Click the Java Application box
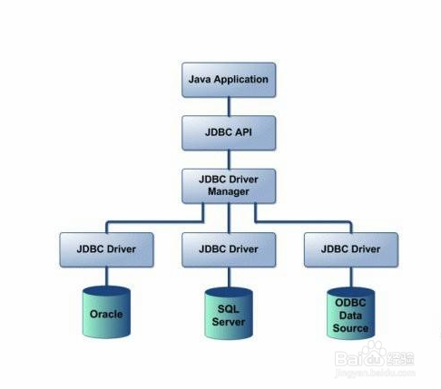click(x=229, y=80)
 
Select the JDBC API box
click(x=229, y=132)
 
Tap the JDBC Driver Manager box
click(x=229, y=186)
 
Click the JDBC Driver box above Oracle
click(x=106, y=249)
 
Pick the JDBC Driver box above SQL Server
click(x=229, y=249)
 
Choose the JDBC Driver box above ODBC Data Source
click(x=351, y=249)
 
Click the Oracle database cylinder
click(x=106, y=312)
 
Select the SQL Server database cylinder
click(x=229, y=313)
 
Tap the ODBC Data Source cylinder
click(x=351, y=313)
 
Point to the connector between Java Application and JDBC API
click(x=229, y=106)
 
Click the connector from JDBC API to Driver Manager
click(x=229, y=160)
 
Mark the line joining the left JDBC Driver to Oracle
click(x=106, y=277)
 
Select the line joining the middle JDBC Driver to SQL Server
click(x=229, y=277)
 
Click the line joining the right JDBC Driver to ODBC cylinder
click(x=351, y=277)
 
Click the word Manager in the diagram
click(x=229, y=192)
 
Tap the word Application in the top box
click(x=241, y=80)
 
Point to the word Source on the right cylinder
click(x=350, y=328)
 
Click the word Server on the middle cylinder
click(x=229, y=322)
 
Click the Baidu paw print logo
click(x=374, y=353)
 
